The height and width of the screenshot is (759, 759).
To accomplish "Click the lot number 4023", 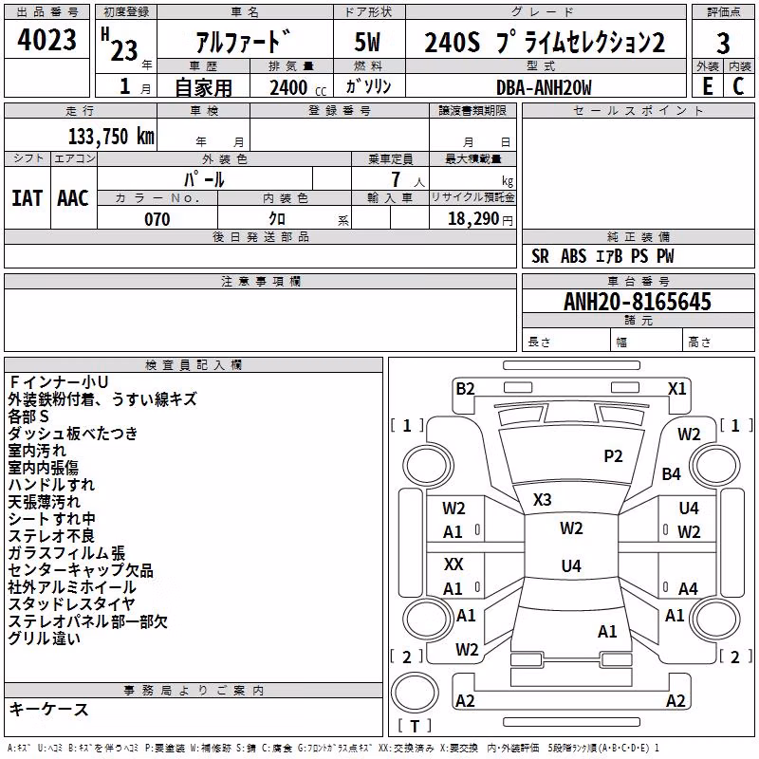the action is pyautogui.click(x=46, y=39).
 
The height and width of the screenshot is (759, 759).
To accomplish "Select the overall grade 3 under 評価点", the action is pyautogui.click(x=723, y=43).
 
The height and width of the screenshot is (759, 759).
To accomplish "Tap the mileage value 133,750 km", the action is pyautogui.click(x=111, y=137).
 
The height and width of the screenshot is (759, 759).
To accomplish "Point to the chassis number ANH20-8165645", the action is pyautogui.click(x=638, y=302).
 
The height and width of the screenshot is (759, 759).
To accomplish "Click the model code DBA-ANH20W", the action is pyautogui.click(x=544, y=87).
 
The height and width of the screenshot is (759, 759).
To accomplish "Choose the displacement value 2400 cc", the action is pyautogui.click(x=298, y=87).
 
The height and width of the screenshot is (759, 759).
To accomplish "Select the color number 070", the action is pyautogui.click(x=157, y=219).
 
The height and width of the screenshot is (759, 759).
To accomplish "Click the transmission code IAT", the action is pyautogui.click(x=27, y=198).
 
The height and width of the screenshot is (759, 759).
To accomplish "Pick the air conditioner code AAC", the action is pyautogui.click(x=73, y=198).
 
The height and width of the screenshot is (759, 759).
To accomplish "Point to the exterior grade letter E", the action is pyautogui.click(x=708, y=86).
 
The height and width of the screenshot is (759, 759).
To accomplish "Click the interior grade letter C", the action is pyautogui.click(x=738, y=86).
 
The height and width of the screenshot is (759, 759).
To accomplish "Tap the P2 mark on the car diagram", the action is pyautogui.click(x=613, y=456).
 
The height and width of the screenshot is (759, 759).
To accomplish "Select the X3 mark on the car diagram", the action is pyautogui.click(x=542, y=500).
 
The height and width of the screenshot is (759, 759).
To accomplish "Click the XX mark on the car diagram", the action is pyautogui.click(x=454, y=564).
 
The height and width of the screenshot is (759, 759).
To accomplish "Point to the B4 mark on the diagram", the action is pyautogui.click(x=672, y=473).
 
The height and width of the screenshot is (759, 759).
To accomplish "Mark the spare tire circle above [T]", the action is pyautogui.click(x=415, y=693).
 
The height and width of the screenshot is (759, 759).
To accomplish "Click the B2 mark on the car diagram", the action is pyautogui.click(x=465, y=389).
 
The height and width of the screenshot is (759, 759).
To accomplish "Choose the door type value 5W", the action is pyautogui.click(x=367, y=42).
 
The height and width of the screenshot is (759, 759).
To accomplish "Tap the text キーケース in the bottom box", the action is pyautogui.click(x=49, y=710).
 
